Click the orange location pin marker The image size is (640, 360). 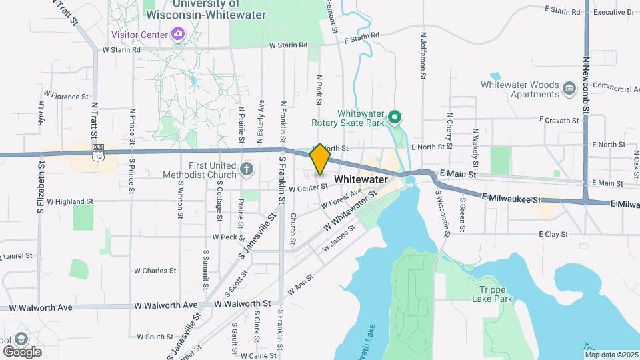[x=320, y=159]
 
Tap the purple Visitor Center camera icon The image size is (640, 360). [x=177, y=33]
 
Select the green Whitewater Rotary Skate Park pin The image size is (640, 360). [x=395, y=119]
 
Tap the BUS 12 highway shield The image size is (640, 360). [x=99, y=151]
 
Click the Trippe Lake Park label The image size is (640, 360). [x=496, y=295]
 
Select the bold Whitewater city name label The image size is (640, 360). [x=361, y=179]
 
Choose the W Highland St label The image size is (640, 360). [x=66, y=201]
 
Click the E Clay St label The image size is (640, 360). [x=553, y=235]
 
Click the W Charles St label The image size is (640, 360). [x=155, y=271]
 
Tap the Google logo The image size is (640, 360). [x=22, y=351]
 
